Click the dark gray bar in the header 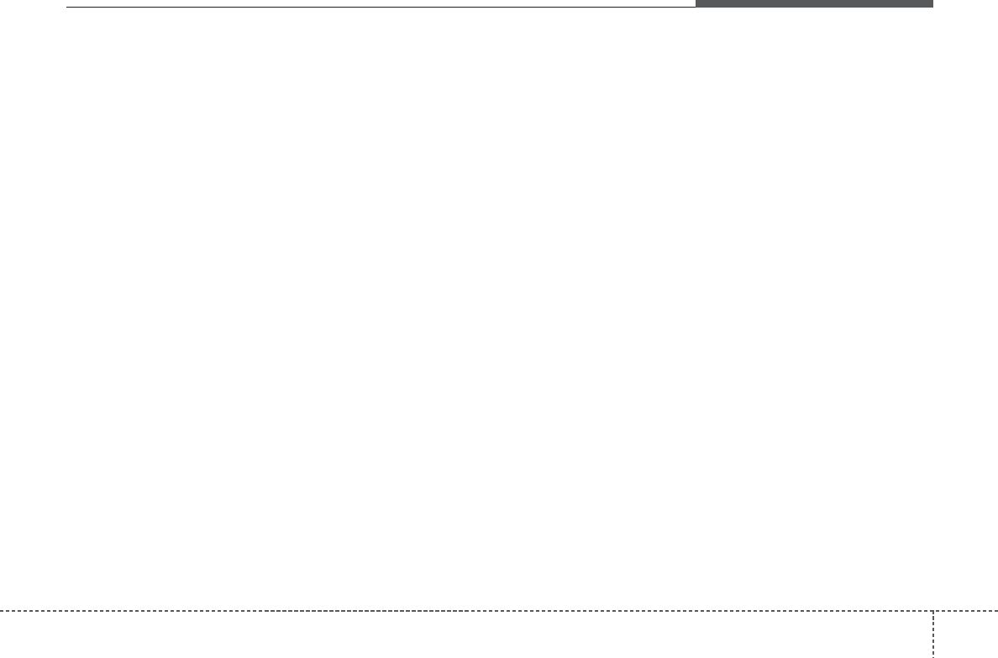[x=814, y=3]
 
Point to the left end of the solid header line [x=67, y=8]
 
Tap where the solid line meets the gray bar [x=696, y=8]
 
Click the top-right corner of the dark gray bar [x=932, y=0]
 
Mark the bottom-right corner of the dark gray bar [x=932, y=8]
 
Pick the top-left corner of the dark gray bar [x=696, y=0]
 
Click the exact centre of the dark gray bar [x=814, y=3]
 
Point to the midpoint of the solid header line [x=381, y=8]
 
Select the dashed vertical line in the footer [x=933, y=634]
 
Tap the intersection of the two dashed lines [x=933, y=610]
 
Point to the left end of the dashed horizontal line [x=1, y=610]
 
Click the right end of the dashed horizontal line [x=997, y=610]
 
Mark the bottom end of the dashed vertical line [x=933, y=656]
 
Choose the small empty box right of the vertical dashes [x=966, y=634]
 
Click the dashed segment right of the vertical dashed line [x=966, y=610]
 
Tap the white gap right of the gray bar [x=966, y=3]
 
